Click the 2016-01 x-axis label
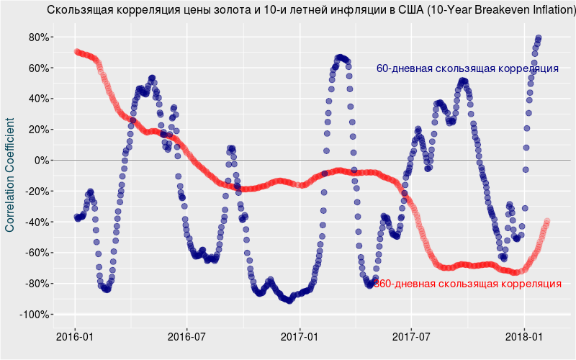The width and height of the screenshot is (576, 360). coord(75,336)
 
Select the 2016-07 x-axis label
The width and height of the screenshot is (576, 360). coord(187,336)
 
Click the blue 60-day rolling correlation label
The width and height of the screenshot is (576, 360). coord(467,68)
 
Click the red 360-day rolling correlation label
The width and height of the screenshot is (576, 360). coord(468,284)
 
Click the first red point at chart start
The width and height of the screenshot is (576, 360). coord(76,51)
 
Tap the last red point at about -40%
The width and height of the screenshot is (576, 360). coord(547,221)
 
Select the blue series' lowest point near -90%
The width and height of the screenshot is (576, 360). coord(289,300)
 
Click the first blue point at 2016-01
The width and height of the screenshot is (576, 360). coord(77,217)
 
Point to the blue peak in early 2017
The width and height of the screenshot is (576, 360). coord(340,57)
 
